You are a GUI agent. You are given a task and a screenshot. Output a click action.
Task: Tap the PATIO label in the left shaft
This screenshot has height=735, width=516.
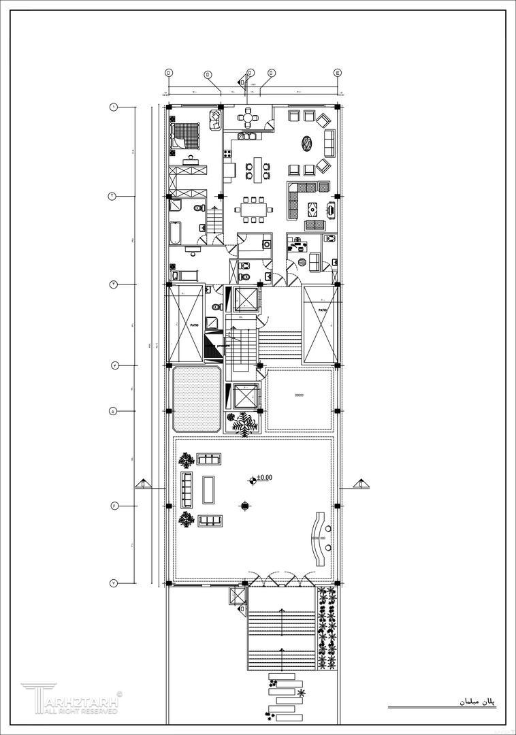195,325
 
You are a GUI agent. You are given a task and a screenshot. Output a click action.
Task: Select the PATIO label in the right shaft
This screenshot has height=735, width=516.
322,310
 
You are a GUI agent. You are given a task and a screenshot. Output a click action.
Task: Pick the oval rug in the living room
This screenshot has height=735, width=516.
308,144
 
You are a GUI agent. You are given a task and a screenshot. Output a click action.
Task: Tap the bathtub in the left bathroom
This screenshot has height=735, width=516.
174,235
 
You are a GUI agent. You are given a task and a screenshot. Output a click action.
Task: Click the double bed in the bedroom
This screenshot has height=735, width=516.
185,134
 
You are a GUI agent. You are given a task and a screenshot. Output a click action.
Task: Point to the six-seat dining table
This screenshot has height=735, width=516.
253,210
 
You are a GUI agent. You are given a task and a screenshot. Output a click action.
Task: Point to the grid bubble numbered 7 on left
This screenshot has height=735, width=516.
114,583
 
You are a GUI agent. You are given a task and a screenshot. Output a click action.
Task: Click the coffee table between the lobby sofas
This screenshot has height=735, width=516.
210,489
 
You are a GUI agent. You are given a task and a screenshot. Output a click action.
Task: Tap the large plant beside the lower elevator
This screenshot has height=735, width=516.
243,423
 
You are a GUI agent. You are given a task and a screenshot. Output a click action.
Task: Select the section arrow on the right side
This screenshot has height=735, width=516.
361,484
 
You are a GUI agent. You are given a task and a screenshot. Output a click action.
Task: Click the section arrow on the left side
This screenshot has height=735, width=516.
144,484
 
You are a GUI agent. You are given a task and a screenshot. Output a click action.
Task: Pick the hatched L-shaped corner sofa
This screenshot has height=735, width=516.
299,197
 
